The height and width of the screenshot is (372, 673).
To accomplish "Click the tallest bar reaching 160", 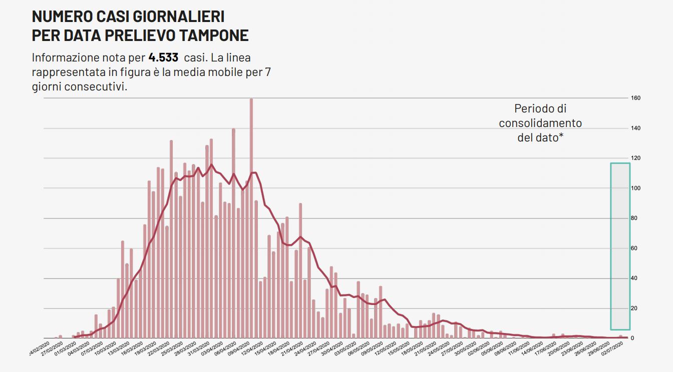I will point(251,218).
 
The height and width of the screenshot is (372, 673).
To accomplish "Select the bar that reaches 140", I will point(233,233).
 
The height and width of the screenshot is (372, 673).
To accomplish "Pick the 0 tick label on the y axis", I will point(633,338).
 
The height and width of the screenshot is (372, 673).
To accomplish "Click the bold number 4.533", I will point(163,57).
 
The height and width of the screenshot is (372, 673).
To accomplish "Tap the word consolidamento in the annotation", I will point(540,123).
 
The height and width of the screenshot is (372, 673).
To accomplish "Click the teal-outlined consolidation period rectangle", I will point(620,246).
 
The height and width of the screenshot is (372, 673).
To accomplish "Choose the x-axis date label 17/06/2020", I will point(548,347).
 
